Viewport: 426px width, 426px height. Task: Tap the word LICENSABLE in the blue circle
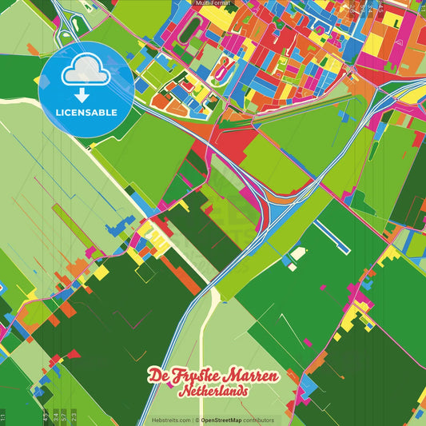coord(86,112)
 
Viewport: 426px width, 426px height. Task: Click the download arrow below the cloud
coord(86,94)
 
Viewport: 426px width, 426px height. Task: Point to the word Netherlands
coord(213,392)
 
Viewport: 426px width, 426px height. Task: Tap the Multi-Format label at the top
coord(213,3)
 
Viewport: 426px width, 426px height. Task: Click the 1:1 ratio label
coord(3,416)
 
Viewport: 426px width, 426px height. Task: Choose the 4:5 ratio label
coord(44,416)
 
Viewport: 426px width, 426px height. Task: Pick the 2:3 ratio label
coord(74,416)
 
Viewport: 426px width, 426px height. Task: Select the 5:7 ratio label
coord(64,416)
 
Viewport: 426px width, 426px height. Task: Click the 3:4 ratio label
coord(54,416)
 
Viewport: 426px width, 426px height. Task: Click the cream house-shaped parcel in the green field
coord(298,253)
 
